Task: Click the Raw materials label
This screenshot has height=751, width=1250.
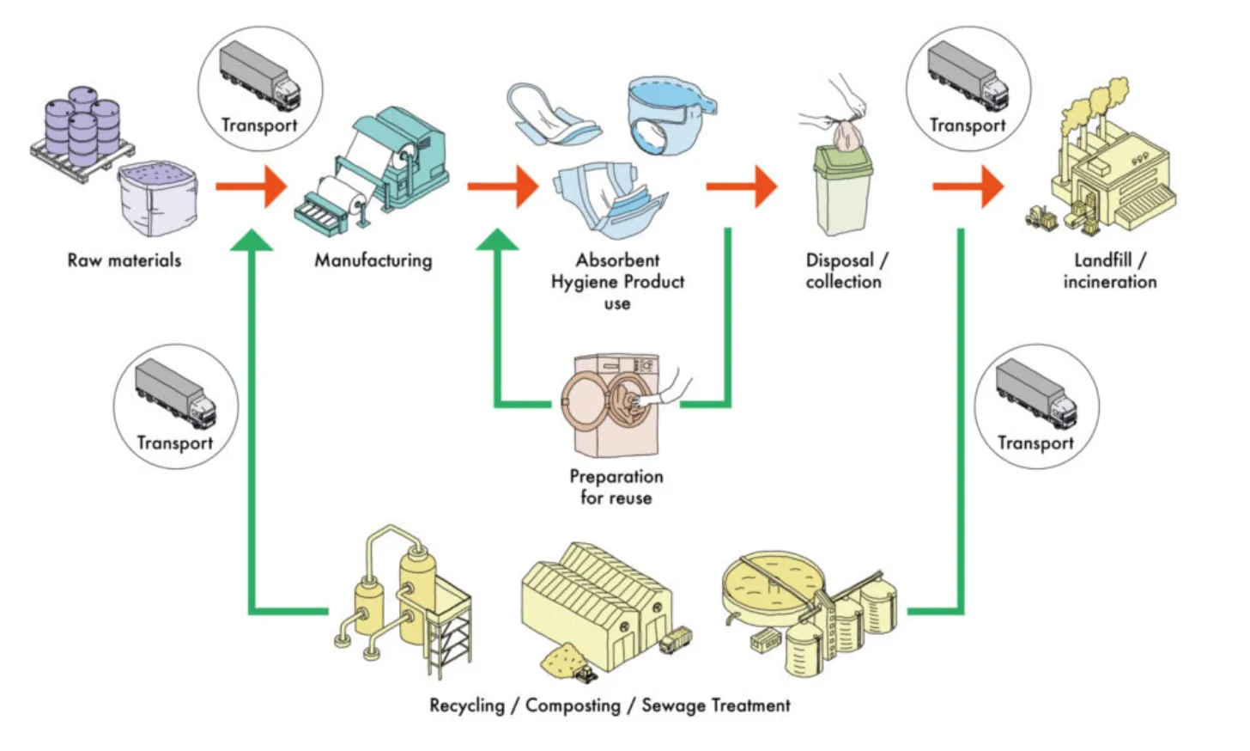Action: click(124, 260)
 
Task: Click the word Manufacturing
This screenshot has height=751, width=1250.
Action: click(373, 260)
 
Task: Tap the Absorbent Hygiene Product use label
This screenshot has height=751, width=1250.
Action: click(617, 281)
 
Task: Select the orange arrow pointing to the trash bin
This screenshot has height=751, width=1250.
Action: click(742, 186)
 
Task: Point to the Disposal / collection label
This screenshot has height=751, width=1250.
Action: click(845, 271)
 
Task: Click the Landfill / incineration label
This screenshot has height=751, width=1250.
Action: click(1109, 271)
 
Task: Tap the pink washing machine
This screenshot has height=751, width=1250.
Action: click(611, 404)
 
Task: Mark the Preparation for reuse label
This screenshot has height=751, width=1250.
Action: click(616, 486)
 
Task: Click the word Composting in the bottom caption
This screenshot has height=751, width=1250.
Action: click(573, 705)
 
